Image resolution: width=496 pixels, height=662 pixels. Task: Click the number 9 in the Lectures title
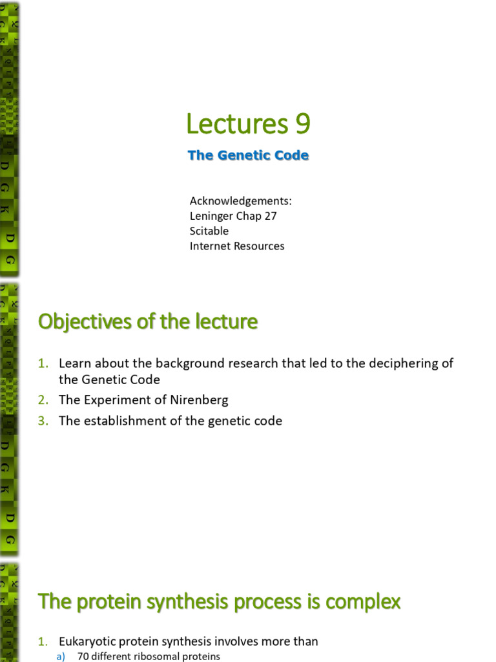pyautogui.click(x=302, y=124)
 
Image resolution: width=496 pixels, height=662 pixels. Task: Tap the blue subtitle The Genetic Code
pyautogui.click(x=248, y=155)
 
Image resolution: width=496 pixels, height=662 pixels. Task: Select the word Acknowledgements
pyautogui.click(x=240, y=201)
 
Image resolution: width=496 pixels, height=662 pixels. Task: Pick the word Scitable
pyautogui.click(x=209, y=231)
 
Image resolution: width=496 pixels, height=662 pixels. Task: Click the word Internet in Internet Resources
pyautogui.click(x=209, y=246)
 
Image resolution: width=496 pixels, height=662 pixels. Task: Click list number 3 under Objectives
pyautogui.click(x=43, y=421)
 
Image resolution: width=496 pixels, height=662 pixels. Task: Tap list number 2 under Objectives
pyautogui.click(x=43, y=400)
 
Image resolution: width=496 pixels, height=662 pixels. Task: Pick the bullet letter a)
pyautogui.click(x=63, y=656)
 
